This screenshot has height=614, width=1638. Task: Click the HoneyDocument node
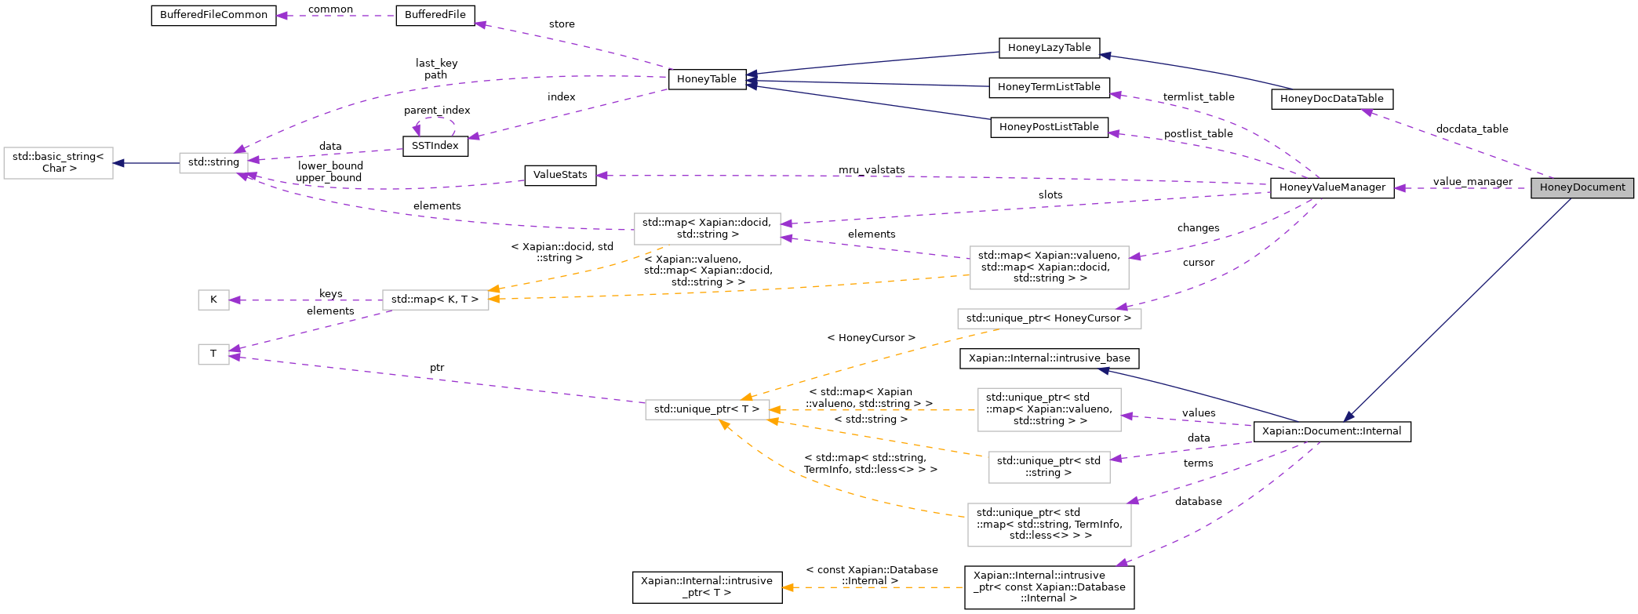coord(1582,187)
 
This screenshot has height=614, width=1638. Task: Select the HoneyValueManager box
coord(1331,187)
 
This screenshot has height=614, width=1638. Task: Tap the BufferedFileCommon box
coord(213,16)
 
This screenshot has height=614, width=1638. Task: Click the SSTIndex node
coord(435,146)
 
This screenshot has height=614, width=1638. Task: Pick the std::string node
coord(213,162)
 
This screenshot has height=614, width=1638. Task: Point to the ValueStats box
coord(559,175)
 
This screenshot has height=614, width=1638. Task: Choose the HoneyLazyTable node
coord(1048,48)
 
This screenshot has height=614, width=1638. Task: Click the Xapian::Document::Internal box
coord(1331,431)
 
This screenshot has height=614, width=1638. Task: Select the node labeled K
coord(213,300)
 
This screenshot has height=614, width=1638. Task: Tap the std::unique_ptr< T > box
coord(706,409)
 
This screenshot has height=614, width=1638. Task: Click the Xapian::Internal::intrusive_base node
coord(1049,358)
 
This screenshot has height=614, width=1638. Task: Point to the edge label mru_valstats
coord(871,169)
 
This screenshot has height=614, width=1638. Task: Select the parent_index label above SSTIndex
coord(437,111)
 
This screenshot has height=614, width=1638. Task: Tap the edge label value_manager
coord(1472,182)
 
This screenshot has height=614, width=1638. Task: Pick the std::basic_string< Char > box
coord(58,162)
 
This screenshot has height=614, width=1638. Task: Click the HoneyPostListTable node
coord(1048,127)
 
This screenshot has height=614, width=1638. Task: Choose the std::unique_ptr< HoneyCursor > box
coord(1048,318)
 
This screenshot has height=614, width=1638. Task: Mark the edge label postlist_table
coord(1197,134)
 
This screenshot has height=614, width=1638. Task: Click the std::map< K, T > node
coord(435,300)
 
